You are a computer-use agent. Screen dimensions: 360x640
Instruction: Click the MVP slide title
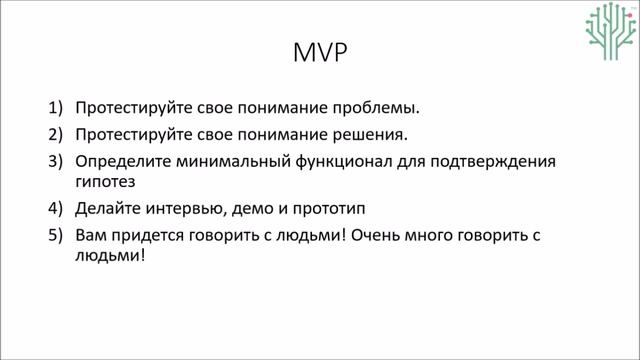point(320,53)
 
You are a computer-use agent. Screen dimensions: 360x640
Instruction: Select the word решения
point(371,134)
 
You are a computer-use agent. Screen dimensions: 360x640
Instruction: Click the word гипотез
point(105,183)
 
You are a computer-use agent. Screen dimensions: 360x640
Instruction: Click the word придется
point(151,236)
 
